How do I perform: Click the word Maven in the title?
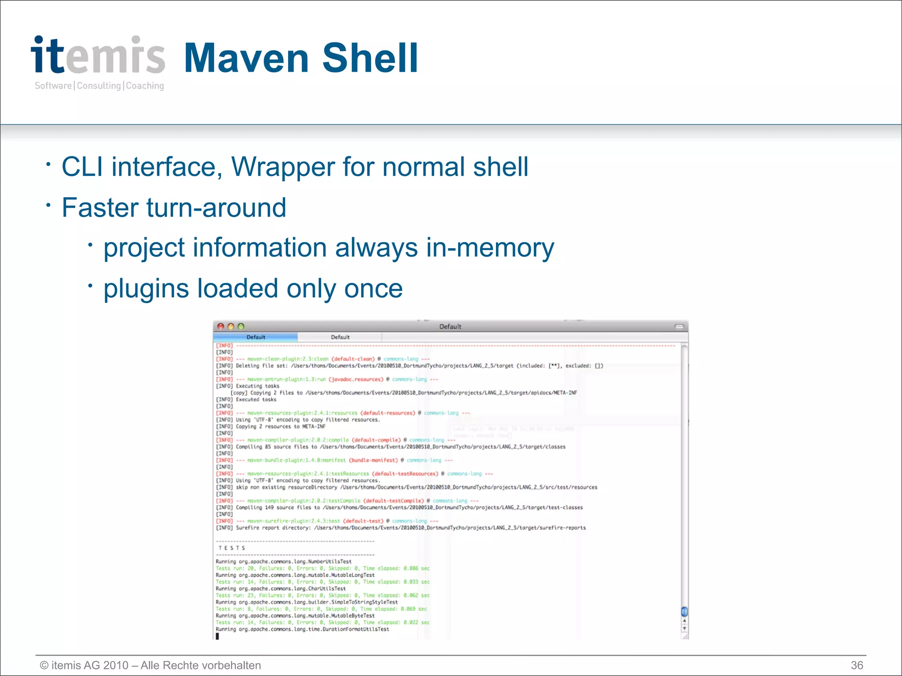246,58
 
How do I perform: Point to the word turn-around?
216,208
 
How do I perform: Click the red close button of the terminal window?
221,327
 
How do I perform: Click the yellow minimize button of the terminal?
231,327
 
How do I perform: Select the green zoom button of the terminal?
240,327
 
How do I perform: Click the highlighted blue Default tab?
255,337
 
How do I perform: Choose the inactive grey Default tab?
340,337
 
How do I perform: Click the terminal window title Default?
450,327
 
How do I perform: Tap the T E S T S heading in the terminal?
232,548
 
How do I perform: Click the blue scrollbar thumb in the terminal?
684,611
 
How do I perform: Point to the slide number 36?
857,665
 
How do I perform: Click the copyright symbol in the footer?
44,665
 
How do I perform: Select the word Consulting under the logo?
99,86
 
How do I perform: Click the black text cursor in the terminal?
217,636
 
